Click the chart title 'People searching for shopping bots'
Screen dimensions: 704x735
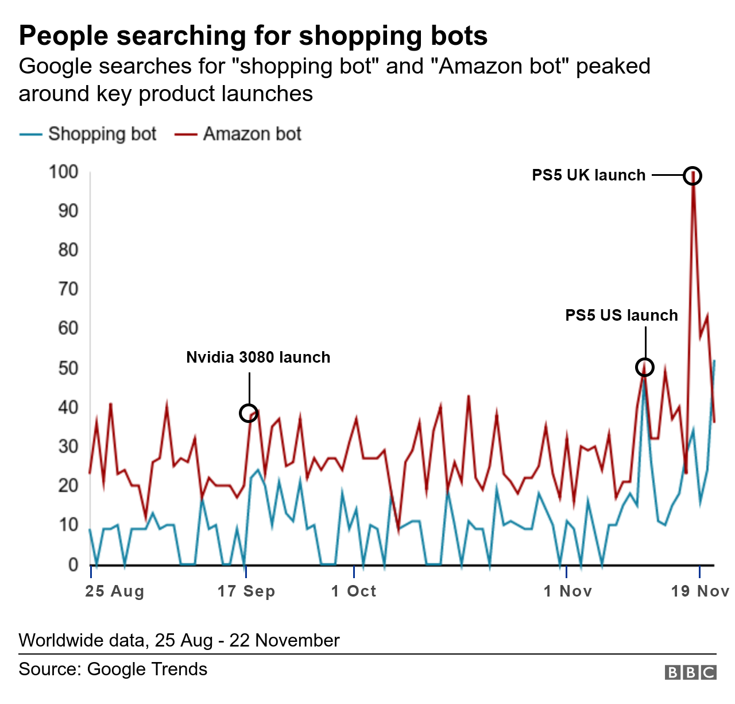[253, 36]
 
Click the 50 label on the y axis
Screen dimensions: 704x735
[68, 368]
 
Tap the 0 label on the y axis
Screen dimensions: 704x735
[73, 564]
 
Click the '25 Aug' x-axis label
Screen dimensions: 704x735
[114, 591]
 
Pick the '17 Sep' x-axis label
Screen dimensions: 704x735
[246, 591]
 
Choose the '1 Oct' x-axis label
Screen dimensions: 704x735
[354, 591]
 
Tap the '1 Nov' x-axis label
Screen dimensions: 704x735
[567, 591]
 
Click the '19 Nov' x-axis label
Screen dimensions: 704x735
[700, 591]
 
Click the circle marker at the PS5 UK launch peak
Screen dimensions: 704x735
[693, 176]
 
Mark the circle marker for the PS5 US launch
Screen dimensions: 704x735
[645, 367]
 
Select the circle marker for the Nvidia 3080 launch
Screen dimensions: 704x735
[248, 413]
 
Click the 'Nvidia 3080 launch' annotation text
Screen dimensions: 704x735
[258, 357]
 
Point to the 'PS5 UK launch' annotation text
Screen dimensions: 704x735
[589, 175]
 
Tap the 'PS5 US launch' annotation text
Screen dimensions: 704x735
[621, 315]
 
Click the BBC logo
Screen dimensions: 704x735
[691, 672]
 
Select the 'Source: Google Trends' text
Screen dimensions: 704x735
[113, 669]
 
